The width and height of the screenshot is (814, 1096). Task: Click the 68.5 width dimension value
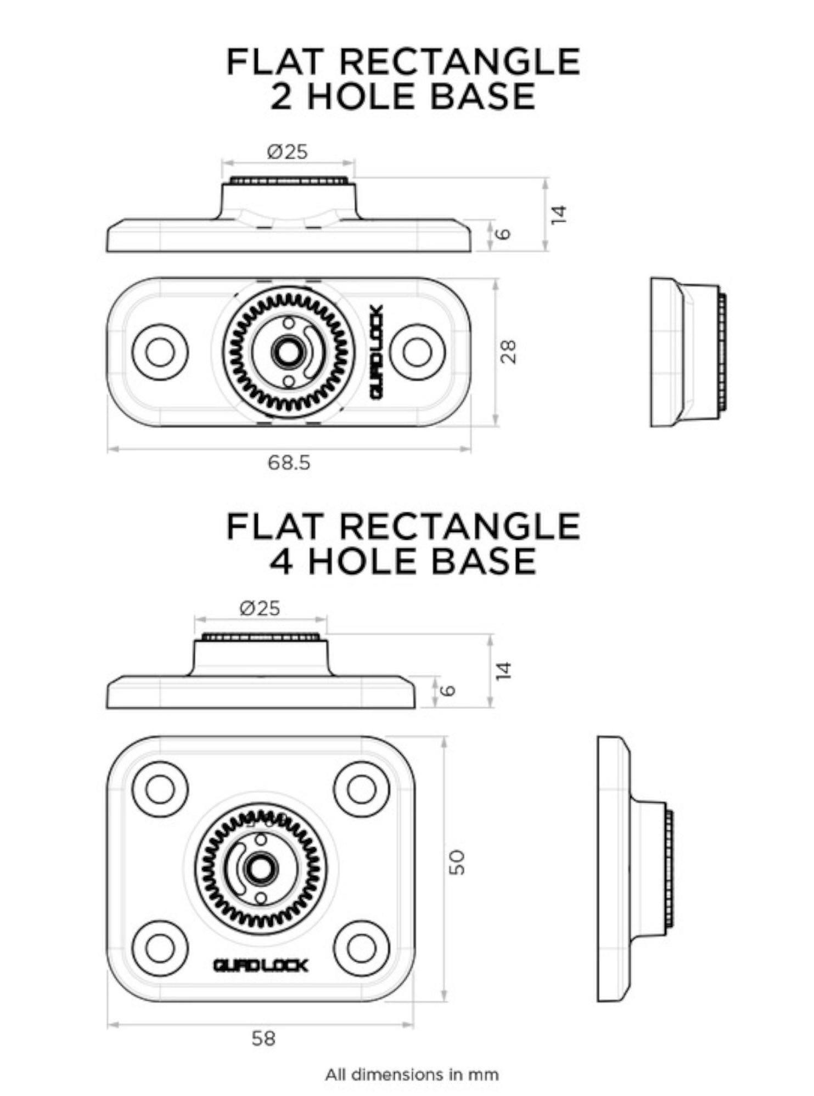point(289,463)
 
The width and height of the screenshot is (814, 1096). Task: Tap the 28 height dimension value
point(509,352)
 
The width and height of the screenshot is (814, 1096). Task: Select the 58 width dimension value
point(263,1038)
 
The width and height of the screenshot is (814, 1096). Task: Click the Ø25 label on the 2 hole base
point(288,152)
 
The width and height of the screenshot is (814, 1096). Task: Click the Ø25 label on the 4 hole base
point(260,608)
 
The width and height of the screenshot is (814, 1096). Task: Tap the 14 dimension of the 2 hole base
point(558,214)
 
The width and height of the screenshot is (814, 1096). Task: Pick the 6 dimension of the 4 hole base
point(448,690)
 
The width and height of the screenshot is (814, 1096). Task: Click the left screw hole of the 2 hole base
point(160,352)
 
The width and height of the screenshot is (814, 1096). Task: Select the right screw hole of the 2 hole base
point(417,352)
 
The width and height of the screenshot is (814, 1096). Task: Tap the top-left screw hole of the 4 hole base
point(160,789)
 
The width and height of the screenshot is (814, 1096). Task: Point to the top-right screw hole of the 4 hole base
point(362,789)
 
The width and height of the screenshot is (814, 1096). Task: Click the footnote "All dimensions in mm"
point(412,1074)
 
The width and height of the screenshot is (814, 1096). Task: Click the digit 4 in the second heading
point(281,561)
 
